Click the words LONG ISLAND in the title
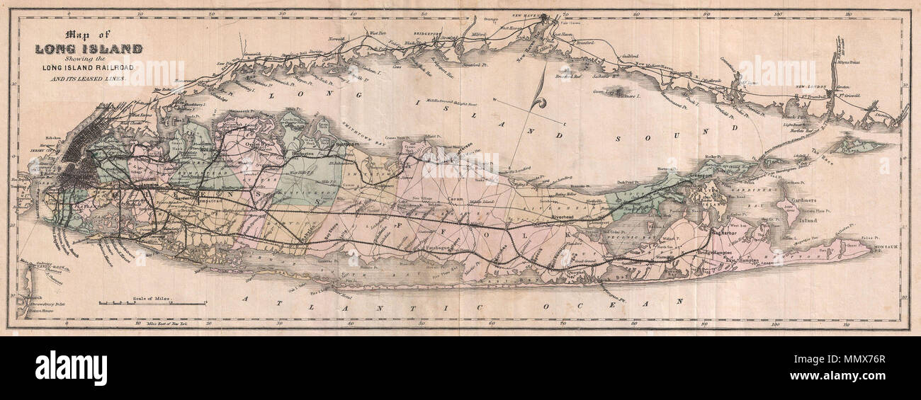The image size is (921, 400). click(89, 49)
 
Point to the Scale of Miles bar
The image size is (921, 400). click(152, 304)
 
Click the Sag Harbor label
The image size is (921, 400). click(725, 232)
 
